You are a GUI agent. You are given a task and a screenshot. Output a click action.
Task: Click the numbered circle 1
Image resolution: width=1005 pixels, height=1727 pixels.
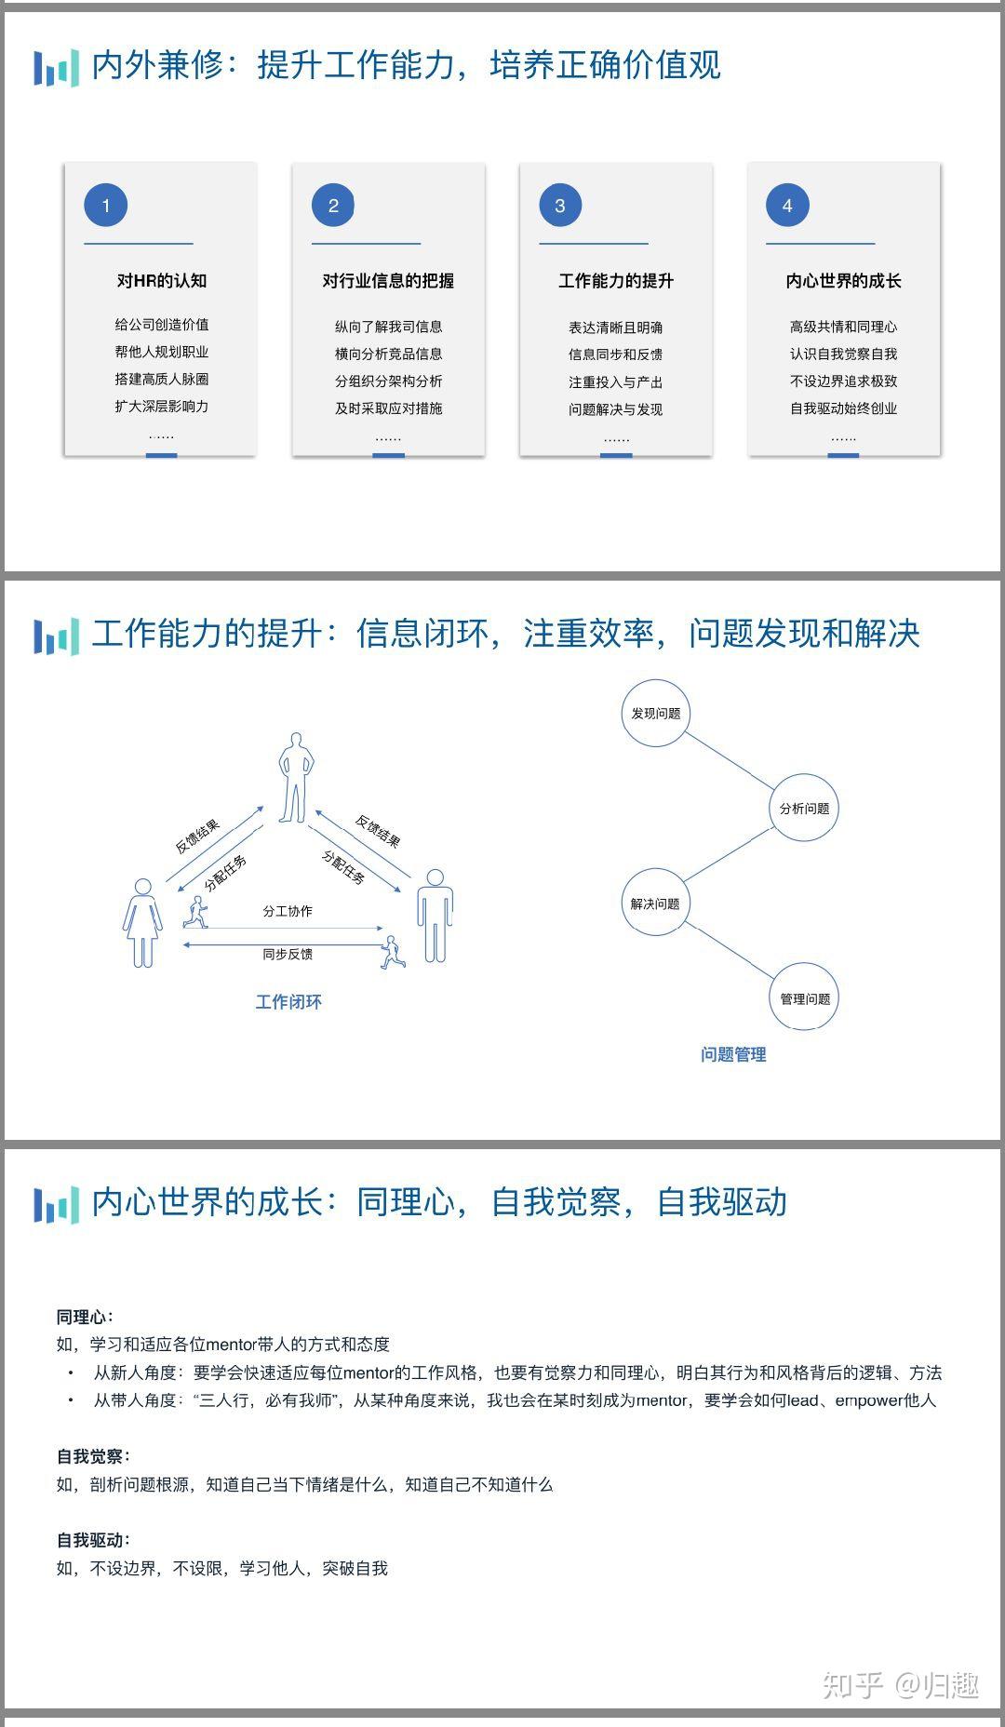pos(105,206)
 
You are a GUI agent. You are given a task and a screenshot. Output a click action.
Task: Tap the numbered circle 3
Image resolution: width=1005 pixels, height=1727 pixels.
pos(560,206)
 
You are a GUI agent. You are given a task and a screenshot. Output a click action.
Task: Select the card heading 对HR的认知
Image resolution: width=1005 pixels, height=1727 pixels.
pos(161,280)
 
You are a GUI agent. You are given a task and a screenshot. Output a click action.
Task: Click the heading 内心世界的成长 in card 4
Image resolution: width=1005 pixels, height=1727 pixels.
pos(843,280)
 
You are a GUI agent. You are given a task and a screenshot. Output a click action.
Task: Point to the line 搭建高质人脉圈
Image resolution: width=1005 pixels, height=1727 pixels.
pos(161,379)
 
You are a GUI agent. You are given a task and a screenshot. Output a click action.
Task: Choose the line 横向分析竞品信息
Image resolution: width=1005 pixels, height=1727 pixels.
pos(388,354)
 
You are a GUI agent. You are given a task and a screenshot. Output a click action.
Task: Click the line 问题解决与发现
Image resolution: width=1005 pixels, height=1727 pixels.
pos(615,408)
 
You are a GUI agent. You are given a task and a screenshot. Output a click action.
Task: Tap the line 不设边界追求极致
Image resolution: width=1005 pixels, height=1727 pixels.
pos(843,381)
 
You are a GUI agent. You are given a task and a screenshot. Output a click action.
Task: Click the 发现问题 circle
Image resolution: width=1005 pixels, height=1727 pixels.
pos(655,714)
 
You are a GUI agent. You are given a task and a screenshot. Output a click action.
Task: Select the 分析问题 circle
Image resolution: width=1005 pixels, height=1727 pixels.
pos(804,809)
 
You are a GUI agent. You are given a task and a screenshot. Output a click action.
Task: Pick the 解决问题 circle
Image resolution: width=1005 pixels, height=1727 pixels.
pos(655,904)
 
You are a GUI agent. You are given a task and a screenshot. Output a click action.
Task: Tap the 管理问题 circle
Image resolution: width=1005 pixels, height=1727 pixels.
pos(804,998)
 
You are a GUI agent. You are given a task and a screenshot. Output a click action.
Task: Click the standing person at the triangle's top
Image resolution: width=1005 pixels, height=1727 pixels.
pos(295,778)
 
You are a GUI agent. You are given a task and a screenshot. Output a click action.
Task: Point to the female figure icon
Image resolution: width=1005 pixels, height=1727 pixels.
pos(142,922)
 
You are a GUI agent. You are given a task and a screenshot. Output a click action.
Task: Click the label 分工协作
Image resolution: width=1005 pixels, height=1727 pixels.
pos(288,911)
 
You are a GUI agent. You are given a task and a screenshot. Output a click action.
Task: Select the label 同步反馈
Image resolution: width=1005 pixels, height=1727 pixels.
pos(288,954)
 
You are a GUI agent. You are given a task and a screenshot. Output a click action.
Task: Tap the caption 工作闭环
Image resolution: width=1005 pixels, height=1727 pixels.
pos(288,1002)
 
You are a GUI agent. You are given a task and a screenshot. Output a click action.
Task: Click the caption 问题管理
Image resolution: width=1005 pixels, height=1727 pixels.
pos(733,1054)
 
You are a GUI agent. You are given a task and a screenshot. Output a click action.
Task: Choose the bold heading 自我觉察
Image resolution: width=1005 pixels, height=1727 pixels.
pos(92,1456)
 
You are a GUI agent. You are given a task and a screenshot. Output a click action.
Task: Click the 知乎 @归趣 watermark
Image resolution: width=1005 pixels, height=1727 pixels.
pos(900,1684)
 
